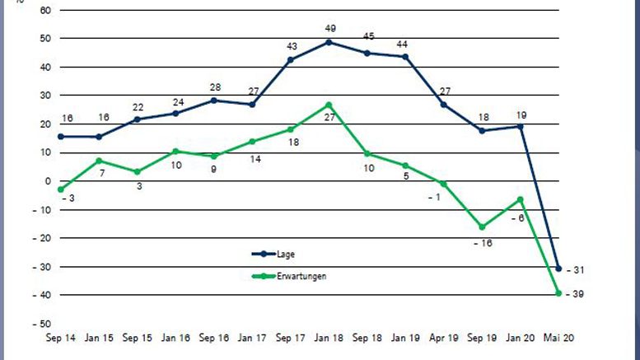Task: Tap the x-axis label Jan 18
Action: tap(329, 339)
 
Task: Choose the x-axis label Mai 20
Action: tap(559, 339)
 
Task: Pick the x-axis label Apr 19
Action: tap(444, 339)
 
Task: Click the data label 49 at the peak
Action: tap(330, 29)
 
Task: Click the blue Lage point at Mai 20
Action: tap(559, 269)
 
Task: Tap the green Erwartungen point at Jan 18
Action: tap(329, 105)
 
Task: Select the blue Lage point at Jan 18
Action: tap(329, 42)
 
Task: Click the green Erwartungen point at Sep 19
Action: tap(482, 227)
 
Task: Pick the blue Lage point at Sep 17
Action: tap(290, 59)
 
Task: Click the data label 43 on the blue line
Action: tap(292, 46)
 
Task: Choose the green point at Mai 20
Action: tap(559, 292)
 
